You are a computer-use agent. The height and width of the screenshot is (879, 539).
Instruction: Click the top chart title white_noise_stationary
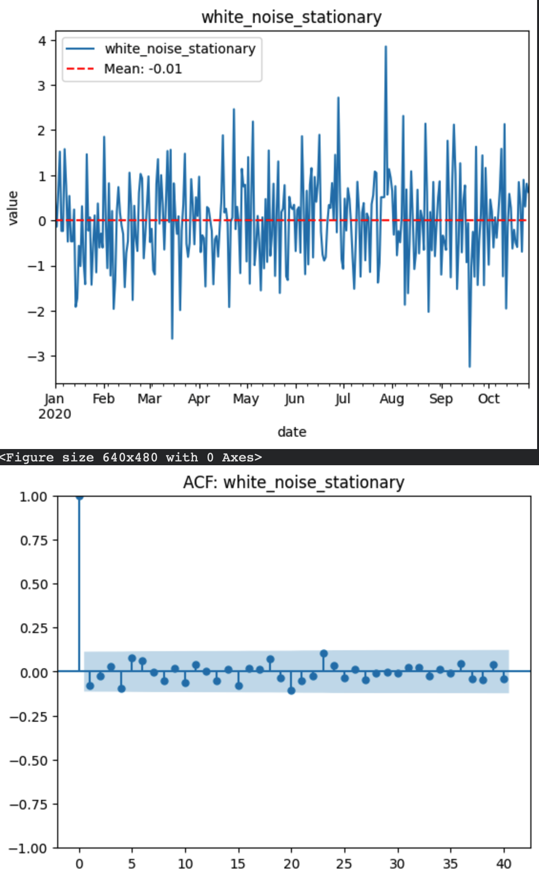(x=291, y=17)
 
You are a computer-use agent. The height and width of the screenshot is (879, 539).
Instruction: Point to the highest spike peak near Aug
(x=386, y=47)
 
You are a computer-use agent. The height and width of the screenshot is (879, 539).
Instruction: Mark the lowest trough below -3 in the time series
(x=469, y=366)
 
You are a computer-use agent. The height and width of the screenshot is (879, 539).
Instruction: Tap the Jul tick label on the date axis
(x=342, y=399)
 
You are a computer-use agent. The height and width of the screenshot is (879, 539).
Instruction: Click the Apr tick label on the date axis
(x=198, y=399)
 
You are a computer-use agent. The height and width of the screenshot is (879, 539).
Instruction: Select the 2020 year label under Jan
(x=54, y=414)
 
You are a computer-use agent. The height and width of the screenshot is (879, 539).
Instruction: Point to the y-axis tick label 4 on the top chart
(x=42, y=41)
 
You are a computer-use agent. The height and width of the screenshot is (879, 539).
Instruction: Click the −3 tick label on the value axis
(x=38, y=356)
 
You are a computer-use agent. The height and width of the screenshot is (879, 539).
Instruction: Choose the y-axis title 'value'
(x=13, y=207)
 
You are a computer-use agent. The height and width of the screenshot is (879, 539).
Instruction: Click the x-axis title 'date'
(x=292, y=432)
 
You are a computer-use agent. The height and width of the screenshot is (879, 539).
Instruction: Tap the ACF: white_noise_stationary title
(x=293, y=482)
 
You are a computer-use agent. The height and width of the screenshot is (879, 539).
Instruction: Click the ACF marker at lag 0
(x=79, y=497)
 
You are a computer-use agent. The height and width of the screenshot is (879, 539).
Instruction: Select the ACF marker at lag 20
(x=291, y=690)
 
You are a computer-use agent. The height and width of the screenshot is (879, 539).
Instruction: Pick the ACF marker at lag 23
(x=324, y=654)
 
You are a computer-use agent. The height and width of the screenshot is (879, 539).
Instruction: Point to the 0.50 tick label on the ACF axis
(x=34, y=584)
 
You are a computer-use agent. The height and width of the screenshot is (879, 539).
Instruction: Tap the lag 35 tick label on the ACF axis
(x=450, y=864)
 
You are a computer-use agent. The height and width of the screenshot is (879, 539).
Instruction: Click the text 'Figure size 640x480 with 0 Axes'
(x=131, y=458)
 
